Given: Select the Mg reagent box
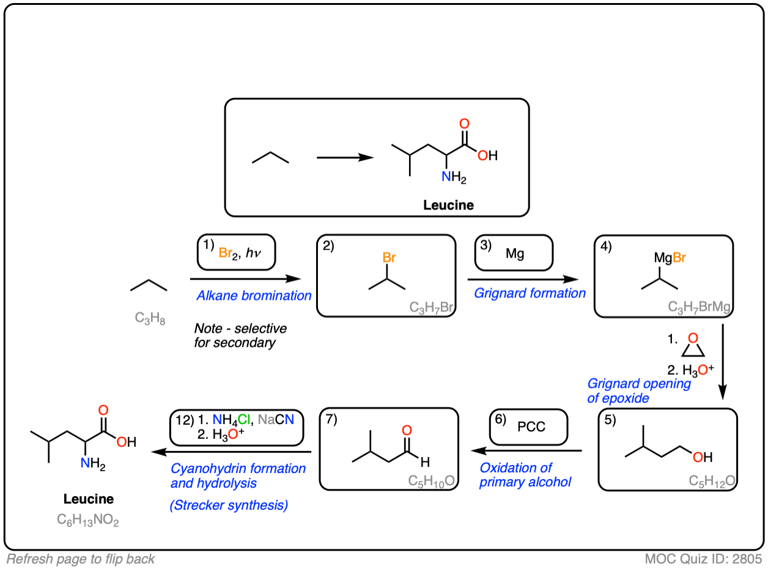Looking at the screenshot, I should click(514, 253).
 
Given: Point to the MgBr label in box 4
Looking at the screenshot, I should click(670, 258).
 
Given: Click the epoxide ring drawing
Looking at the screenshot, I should click(693, 346).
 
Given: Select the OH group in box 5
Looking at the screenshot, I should click(702, 456).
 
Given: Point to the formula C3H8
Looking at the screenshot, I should click(149, 318).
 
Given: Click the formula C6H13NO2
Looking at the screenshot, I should click(89, 520).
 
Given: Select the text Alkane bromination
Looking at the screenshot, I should click(254, 296).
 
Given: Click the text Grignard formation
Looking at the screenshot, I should click(530, 293).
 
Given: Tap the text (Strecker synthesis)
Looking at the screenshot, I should click(229, 505).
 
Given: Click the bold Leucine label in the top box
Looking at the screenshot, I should click(448, 205).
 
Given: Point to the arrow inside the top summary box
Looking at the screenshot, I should click(345, 157).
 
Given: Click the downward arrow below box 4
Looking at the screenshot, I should click(723, 361).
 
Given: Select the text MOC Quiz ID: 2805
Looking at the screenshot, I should click(703, 559).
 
